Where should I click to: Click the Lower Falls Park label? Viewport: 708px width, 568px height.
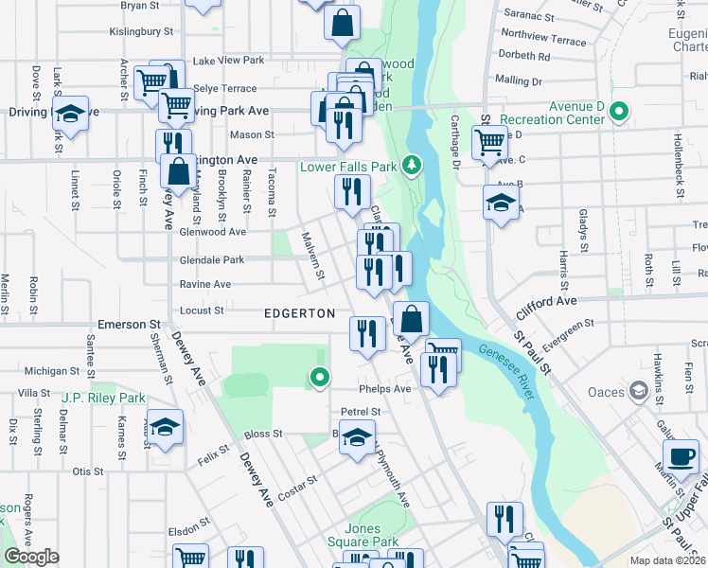coord(348,167)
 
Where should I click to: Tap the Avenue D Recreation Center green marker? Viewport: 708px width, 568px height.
coord(619,113)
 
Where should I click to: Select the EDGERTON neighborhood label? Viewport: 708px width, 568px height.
coord(299,313)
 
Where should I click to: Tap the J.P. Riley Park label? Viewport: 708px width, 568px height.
coord(104,398)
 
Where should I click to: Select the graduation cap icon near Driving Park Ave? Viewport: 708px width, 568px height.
coord(70,114)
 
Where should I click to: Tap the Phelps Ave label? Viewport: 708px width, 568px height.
coord(384,388)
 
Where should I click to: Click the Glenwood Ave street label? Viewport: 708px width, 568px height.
coord(213,232)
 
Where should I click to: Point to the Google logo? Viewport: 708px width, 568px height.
coord(31,557)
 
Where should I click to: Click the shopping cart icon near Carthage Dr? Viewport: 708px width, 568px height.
coord(489,143)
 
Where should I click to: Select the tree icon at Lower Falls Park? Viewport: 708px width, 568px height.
coord(412,166)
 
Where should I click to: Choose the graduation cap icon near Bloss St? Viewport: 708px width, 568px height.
coord(357,438)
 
